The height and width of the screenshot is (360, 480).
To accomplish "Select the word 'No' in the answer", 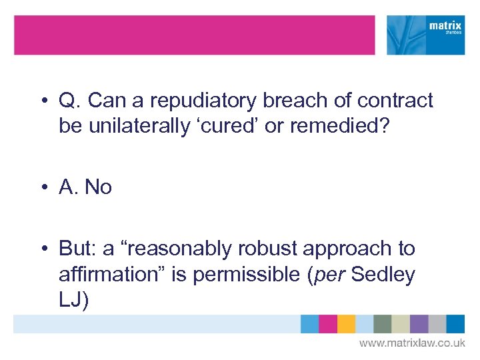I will (x=98, y=187).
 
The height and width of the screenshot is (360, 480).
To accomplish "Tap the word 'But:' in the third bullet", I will (x=77, y=249).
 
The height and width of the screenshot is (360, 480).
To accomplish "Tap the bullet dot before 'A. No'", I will (x=43, y=188).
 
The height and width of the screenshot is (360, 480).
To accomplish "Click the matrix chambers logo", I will (x=426, y=35).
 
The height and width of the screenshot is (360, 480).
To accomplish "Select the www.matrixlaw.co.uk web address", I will (x=412, y=343).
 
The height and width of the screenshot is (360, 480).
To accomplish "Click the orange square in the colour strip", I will (x=346, y=324).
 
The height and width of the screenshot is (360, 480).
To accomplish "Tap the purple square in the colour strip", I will (x=419, y=324).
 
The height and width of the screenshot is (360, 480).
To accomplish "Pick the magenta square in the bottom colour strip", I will (x=328, y=324).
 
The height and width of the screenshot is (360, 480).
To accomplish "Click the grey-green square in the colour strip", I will (x=383, y=324).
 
